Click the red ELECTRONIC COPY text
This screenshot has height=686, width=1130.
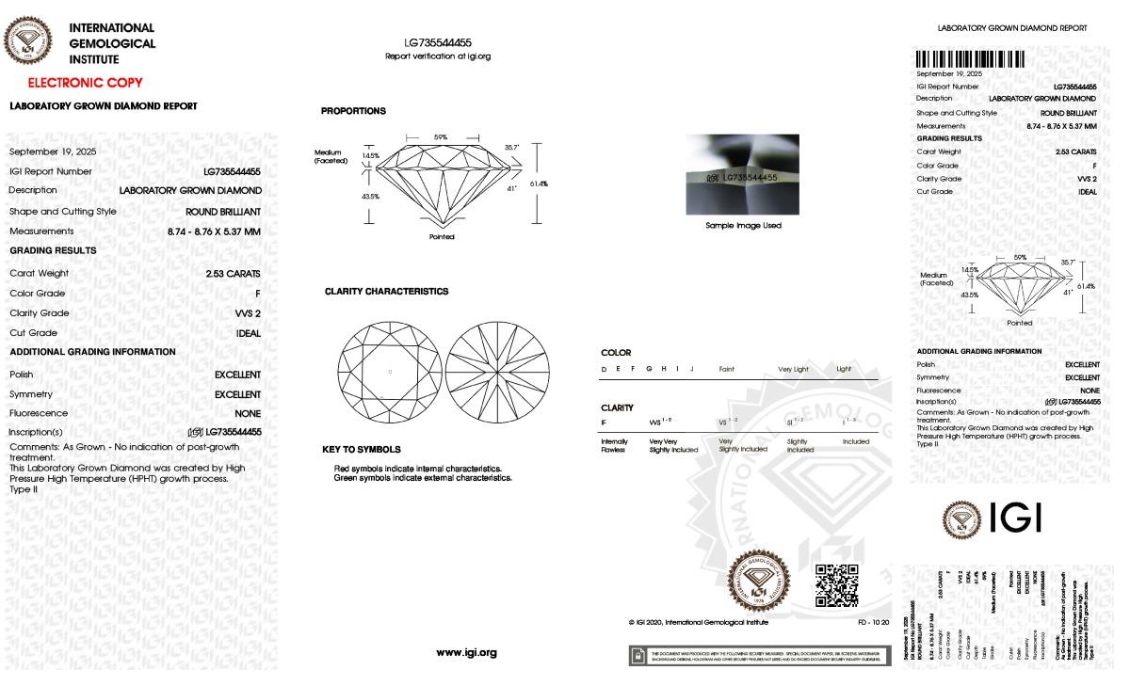[x=85, y=83]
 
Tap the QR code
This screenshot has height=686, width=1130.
[x=836, y=585]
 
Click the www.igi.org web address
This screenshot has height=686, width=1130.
[x=466, y=652]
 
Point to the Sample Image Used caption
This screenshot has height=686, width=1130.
[x=743, y=226]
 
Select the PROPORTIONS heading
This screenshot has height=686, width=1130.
[x=353, y=111]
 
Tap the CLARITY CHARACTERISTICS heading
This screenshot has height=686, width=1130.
[x=386, y=292]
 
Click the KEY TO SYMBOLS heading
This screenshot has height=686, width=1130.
[x=361, y=450]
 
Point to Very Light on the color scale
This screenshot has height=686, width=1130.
[x=793, y=370]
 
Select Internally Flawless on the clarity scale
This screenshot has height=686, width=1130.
[x=614, y=445]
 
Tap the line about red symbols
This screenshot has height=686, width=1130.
[x=417, y=468]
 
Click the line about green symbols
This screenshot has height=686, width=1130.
[x=423, y=478]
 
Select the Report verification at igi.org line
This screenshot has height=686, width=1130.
[x=438, y=56]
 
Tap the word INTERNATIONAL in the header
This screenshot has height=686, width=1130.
[x=112, y=28]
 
